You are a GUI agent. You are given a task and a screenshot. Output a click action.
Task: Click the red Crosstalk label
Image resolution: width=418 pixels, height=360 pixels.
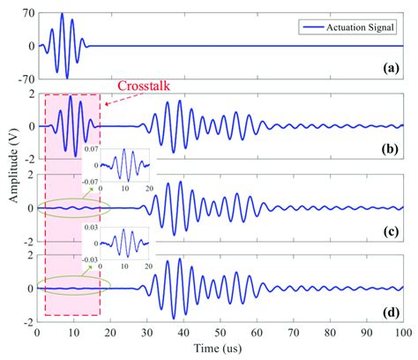pyautogui.click(x=144, y=86)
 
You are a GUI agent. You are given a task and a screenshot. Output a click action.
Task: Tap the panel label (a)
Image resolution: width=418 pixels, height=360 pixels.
pyautogui.click(x=387, y=67)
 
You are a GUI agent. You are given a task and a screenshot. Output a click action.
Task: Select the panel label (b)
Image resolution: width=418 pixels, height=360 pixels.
pyautogui.click(x=387, y=150)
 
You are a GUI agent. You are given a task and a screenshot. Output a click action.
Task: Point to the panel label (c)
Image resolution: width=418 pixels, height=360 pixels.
pyautogui.click(x=387, y=232)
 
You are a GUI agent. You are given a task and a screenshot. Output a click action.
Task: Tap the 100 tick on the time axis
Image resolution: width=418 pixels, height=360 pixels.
pyautogui.click(x=402, y=334)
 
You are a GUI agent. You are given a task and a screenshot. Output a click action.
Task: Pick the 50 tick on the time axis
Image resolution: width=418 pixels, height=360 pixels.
pyautogui.click(x=220, y=334)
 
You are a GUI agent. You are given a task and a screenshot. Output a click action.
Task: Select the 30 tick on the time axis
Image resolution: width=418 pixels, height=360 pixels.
pyautogui.click(x=146, y=334)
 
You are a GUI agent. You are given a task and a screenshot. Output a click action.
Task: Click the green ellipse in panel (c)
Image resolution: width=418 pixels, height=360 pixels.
pyautogui.click(x=73, y=208)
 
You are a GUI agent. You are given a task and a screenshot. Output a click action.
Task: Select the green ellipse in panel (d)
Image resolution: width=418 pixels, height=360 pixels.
pyautogui.click(x=73, y=288)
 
